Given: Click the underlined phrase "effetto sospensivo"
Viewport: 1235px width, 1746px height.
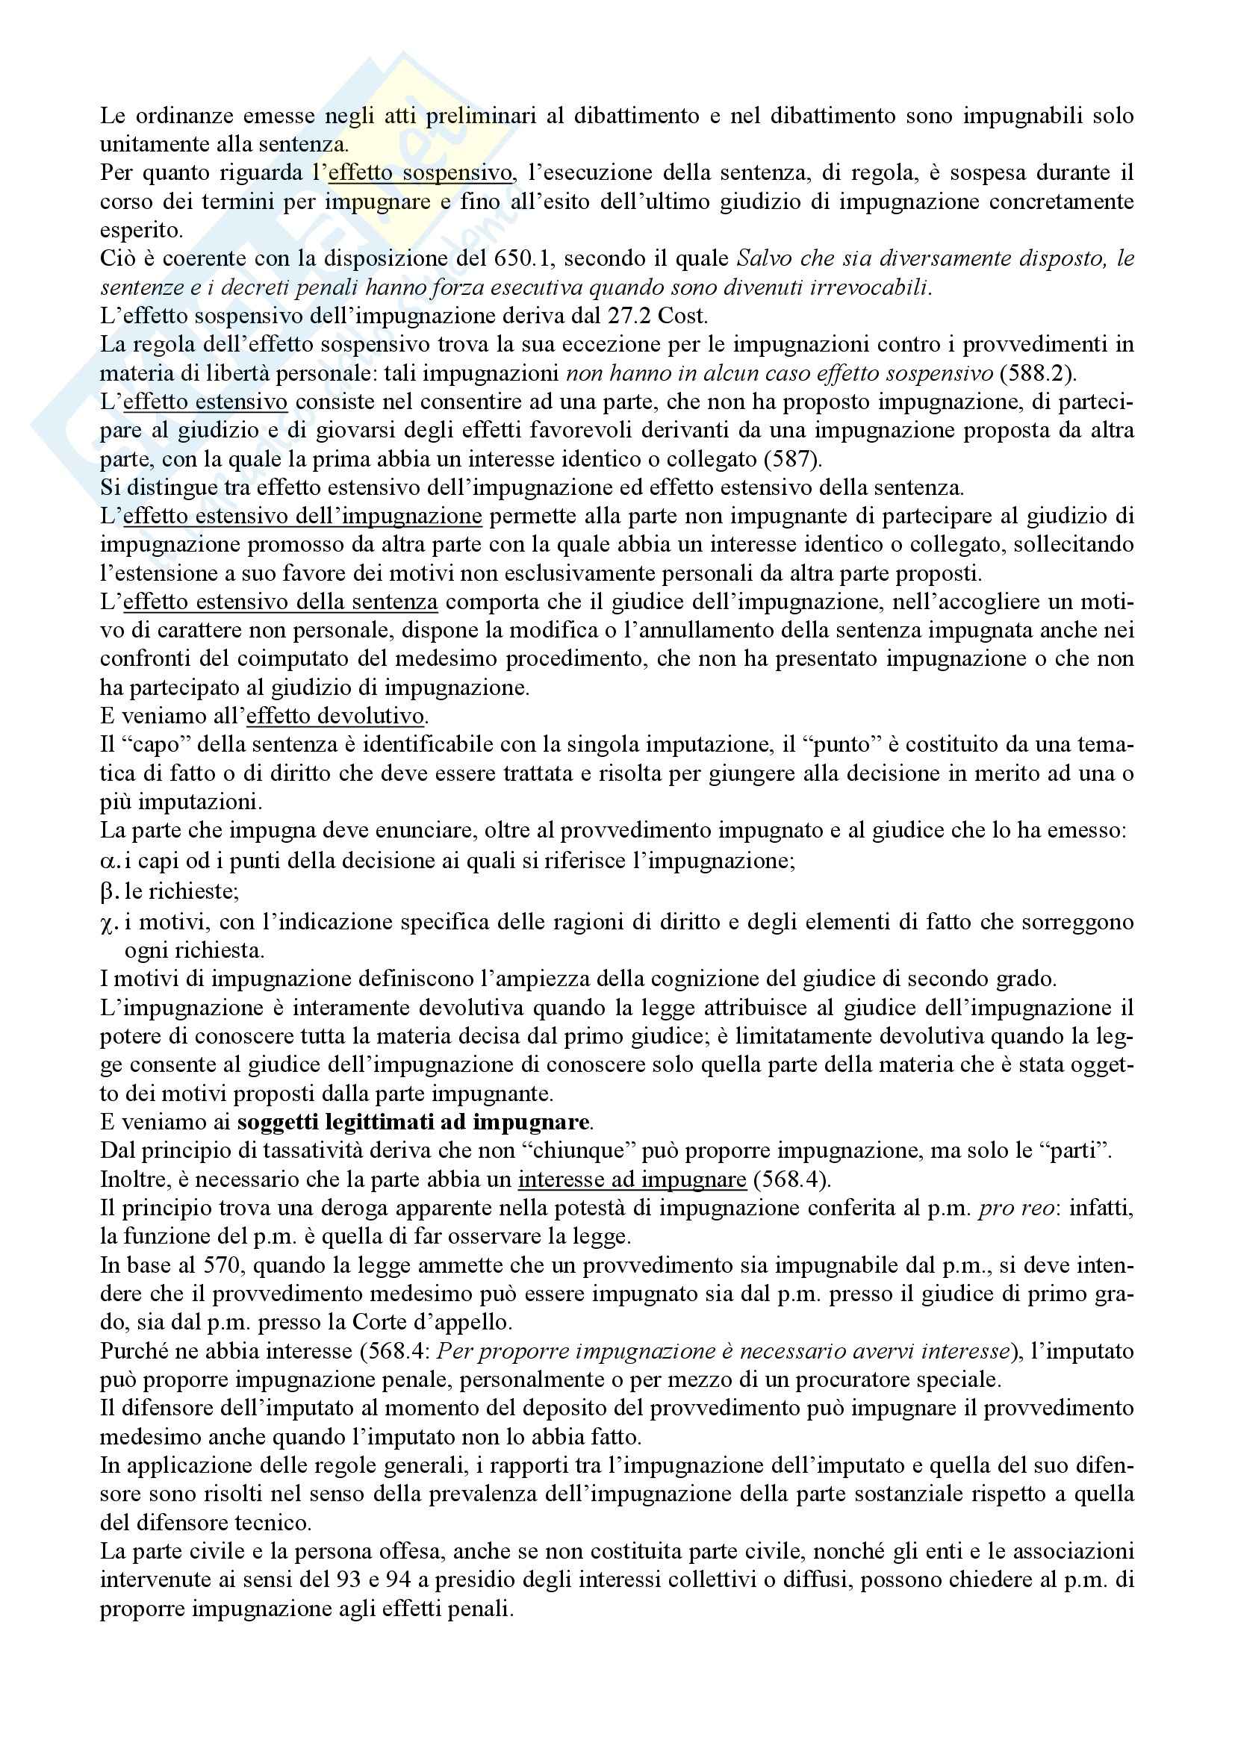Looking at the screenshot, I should (x=420, y=173).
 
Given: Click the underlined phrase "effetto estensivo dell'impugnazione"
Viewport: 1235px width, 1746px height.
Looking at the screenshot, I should (x=302, y=517).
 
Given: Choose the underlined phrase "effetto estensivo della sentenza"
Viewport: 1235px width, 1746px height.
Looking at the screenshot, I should (x=281, y=602).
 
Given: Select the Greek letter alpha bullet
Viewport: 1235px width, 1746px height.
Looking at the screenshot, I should (x=108, y=862).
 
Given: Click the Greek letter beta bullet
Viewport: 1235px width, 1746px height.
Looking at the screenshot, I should (x=108, y=891).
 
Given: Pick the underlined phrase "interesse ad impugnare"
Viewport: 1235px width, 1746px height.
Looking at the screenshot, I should (x=632, y=1179).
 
